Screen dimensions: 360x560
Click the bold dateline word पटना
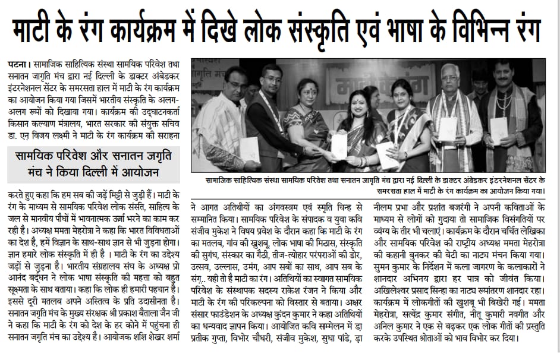pos(20,62)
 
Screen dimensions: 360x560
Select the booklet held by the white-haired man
pos(447,129)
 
